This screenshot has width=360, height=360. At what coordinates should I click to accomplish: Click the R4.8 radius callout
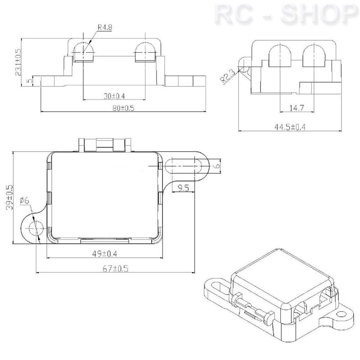tap(105, 27)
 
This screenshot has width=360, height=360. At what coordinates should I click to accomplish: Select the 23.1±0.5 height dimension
tap(18, 62)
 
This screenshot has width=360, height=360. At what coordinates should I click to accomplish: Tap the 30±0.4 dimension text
tap(114, 96)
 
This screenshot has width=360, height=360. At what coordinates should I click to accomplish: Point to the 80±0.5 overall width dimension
tap(123, 108)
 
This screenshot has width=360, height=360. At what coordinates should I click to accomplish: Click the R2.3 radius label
tap(228, 76)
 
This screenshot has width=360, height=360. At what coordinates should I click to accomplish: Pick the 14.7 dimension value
tap(297, 108)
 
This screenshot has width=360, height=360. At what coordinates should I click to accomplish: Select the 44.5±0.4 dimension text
tap(290, 127)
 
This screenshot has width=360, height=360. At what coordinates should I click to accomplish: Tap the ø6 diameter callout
tap(24, 200)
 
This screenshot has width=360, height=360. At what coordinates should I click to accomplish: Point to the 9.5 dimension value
tap(183, 188)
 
